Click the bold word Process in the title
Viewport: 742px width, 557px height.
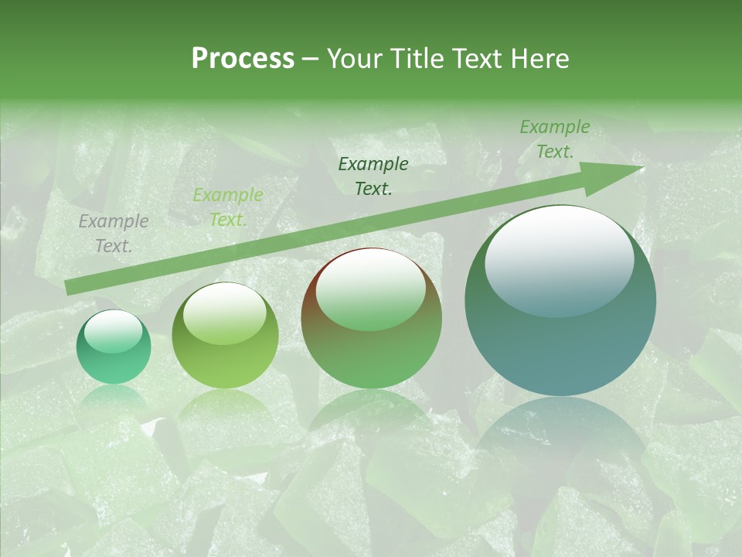243,59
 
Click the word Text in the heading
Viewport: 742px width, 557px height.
477,59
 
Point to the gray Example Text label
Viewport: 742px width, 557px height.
113,233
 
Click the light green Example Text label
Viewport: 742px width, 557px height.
227,207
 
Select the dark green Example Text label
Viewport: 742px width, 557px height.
373,176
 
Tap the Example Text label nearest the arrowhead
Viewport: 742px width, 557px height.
554,139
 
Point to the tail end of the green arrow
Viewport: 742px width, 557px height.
67,288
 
